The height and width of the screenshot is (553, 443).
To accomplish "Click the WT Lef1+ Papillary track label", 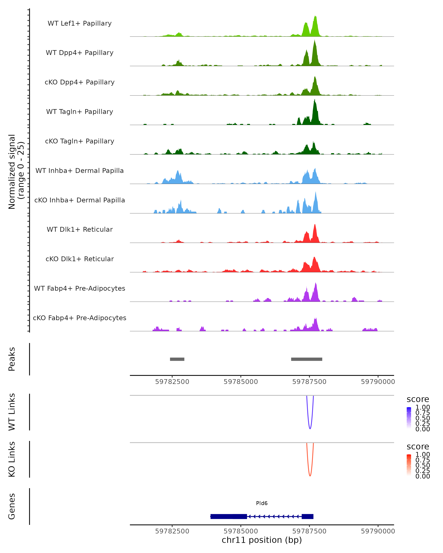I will [x=80, y=23].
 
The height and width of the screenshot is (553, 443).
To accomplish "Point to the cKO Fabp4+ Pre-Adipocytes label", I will [x=80, y=318].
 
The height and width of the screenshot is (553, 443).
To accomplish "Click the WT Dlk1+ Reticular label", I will [x=80, y=229].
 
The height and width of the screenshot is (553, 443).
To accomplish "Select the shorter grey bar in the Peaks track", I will [x=177, y=359].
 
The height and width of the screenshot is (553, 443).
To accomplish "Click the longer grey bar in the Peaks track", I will [x=306, y=359].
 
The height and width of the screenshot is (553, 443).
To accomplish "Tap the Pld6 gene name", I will [x=262, y=503].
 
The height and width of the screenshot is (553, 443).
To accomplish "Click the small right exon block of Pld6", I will [x=307, y=517].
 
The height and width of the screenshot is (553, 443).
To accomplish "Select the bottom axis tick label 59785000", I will [x=241, y=531].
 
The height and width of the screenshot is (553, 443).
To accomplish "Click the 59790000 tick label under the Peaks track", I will [x=378, y=382].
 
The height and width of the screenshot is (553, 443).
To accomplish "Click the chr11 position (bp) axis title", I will [x=262, y=540].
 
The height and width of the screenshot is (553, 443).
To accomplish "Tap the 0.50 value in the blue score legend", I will [x=423, y=418].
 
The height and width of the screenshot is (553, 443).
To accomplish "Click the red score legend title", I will [x=418, y=447].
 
